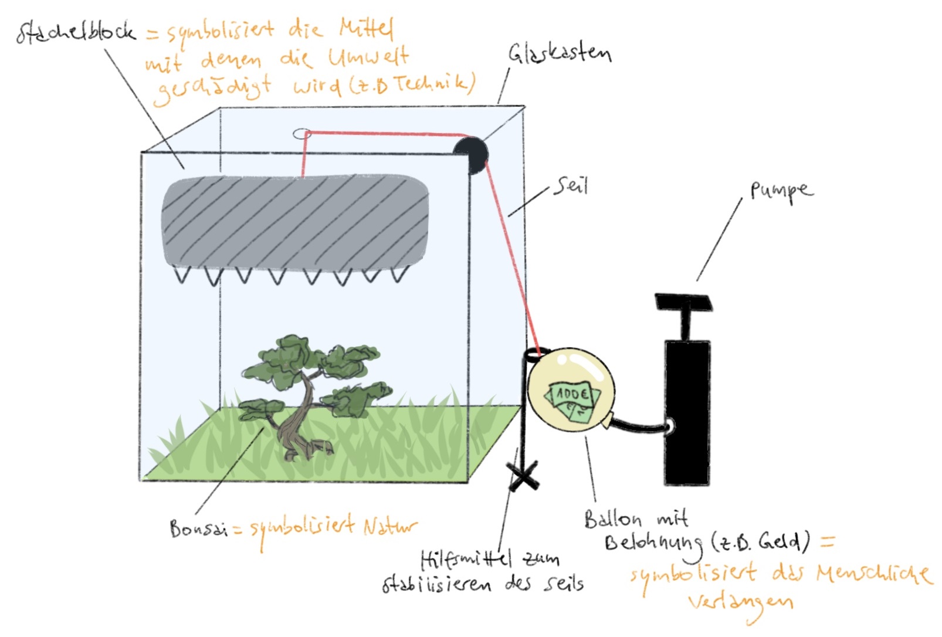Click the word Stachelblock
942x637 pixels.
pyautogui.click(x=75, y=32)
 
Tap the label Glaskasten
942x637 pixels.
pyautogui.click(x=559, y=53)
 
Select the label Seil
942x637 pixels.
pyautogui.click(x=571, y=187)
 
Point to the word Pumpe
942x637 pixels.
pyautogui.click(x=781, y=191)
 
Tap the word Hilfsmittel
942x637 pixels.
pyautogui.click(x=466, y=559)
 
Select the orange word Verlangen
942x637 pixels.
pyautogui.click(x=740, y=602)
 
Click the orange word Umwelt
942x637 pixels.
pyautogui.click(x=368, y=57)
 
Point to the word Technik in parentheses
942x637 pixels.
pyautogui.click(x=433, y=84)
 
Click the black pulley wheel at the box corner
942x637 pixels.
pyautogui.click(x=471, y=154)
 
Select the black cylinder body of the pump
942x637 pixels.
pyautogui.click(x=687, y=411)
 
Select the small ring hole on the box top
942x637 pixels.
pyautogui.click(x=301, y=134)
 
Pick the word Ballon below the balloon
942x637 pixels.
pyautogui.click(x=612, y=519)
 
